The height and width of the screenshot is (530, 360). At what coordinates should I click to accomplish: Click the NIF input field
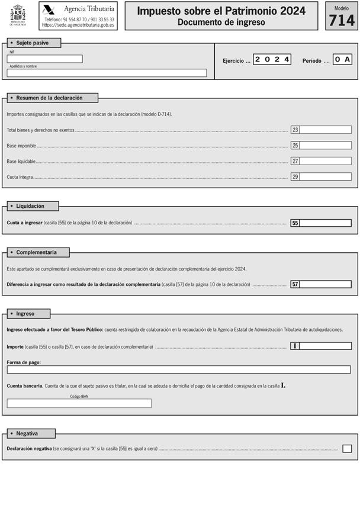click(x=45, y=59)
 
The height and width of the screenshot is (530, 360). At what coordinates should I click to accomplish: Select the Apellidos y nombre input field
click(x=107, y=73)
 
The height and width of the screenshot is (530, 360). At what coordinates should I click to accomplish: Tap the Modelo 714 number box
click(x=342, y=20)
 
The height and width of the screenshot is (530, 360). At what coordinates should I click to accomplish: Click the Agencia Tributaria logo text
click(x=89, y=9)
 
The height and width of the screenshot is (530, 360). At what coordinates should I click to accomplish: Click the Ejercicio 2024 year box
click(x=272, y=60)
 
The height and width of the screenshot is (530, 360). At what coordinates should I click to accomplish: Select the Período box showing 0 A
click(x=343, y=60)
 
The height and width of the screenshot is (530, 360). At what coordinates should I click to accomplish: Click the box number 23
click(x=295, y=130)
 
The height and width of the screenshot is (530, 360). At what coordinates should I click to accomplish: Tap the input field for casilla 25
click(x=325, y=145)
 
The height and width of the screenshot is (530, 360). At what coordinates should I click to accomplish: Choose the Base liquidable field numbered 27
click(x=325, y=161)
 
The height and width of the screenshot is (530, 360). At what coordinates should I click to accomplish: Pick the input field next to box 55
click(x=325, y=223)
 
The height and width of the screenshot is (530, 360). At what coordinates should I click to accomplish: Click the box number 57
click(x=295, y=284)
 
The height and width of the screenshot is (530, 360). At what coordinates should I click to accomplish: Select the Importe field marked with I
click(x=325, y=346)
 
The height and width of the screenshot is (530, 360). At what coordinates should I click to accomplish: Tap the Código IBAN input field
click(x=79, y=403)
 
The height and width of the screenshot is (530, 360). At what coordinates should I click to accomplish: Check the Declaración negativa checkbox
click(x=347, y=448)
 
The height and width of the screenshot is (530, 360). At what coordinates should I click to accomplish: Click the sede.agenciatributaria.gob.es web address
click(x=79, y=25)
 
